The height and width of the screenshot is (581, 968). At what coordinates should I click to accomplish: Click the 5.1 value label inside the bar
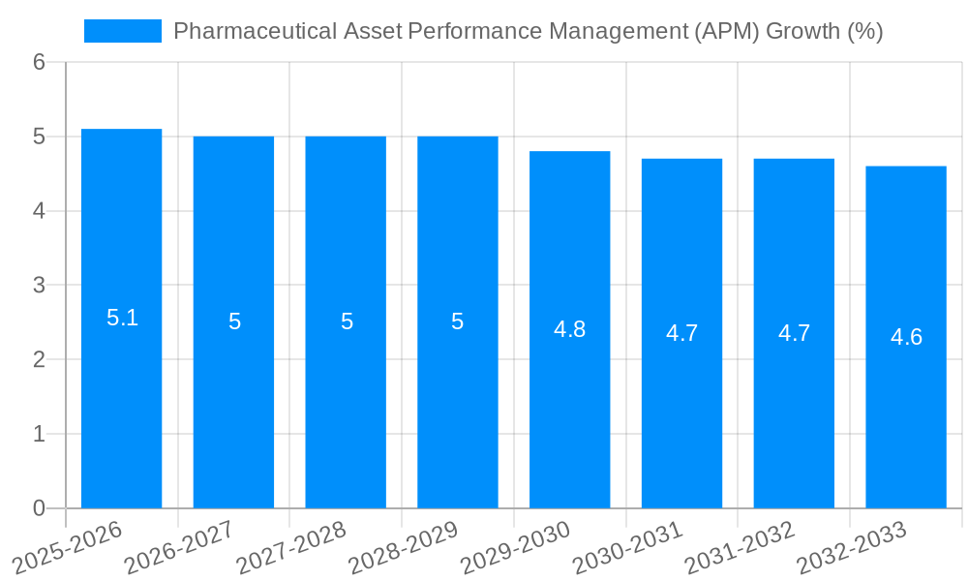pos(122,318)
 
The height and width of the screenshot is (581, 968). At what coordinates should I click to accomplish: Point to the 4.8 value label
pos(569,329)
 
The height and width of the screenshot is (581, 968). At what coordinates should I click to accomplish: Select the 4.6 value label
pos(906,337)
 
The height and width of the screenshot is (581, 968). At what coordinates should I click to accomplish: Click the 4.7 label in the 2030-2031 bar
pos(681,333)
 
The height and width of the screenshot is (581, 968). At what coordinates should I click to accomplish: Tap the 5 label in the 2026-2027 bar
pos(234,321)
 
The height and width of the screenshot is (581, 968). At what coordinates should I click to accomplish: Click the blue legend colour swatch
pos(123,31)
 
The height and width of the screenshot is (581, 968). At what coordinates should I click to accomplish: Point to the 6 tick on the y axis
pos(39,62)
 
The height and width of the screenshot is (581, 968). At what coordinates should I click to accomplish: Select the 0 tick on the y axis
pos(39,508)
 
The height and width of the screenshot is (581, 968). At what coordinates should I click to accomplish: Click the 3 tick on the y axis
pos(39,286)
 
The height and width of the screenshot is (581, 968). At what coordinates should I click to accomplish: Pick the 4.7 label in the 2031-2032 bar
pos(794,333)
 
